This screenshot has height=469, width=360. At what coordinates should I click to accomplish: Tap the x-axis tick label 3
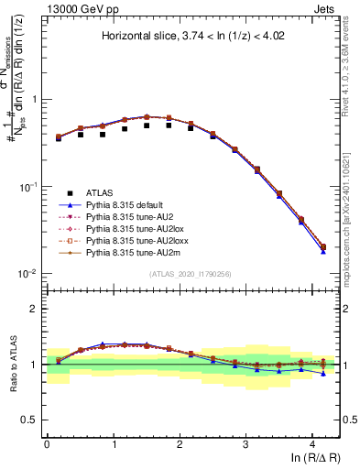pos(245,444)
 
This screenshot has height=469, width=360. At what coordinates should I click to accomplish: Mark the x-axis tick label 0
pos(47,444)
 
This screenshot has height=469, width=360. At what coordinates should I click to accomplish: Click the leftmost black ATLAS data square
pos(59,138)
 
